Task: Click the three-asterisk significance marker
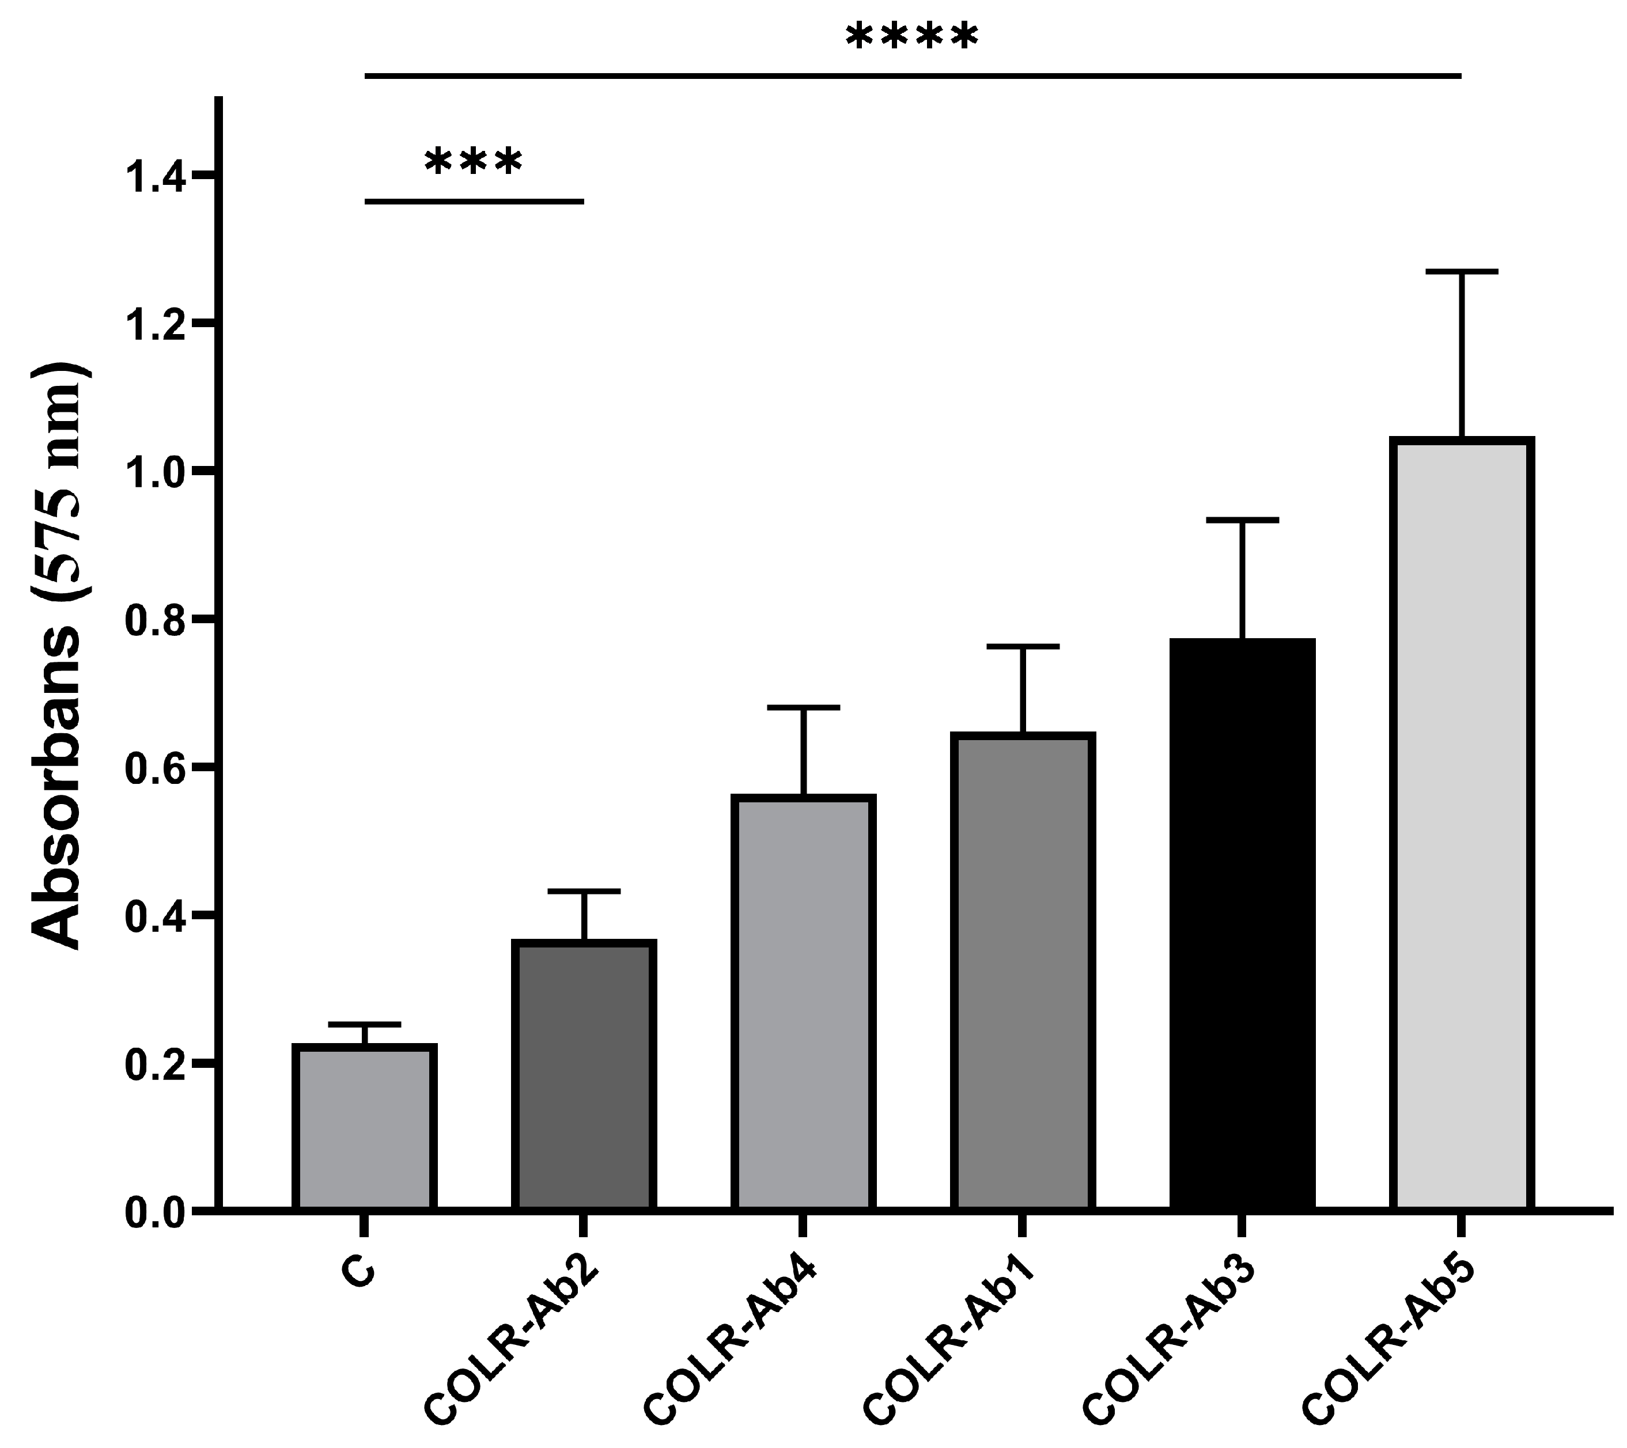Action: click(474, 162)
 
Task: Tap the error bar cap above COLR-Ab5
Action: click(1462, 272)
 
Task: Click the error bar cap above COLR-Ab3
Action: click(1242, 520)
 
